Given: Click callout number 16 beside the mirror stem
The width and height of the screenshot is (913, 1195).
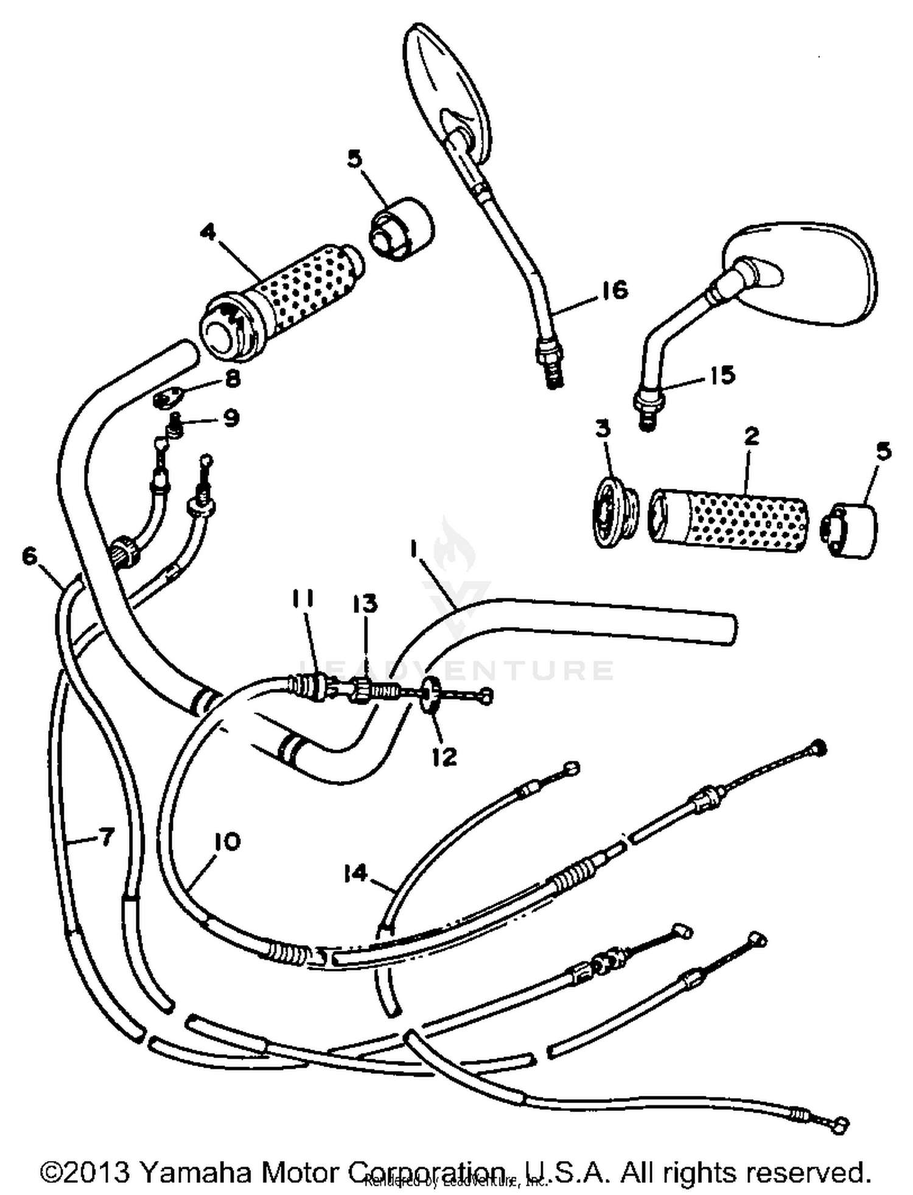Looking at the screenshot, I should [615, 290].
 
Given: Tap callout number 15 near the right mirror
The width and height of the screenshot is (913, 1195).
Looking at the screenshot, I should [722, 375].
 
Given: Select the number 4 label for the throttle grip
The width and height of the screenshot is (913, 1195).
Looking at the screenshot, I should [209, 232].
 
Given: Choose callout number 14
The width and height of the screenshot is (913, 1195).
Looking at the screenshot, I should [355, 873].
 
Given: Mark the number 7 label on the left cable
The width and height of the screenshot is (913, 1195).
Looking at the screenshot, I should [106, 838].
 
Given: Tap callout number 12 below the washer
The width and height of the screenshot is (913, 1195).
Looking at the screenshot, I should [444, 756].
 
